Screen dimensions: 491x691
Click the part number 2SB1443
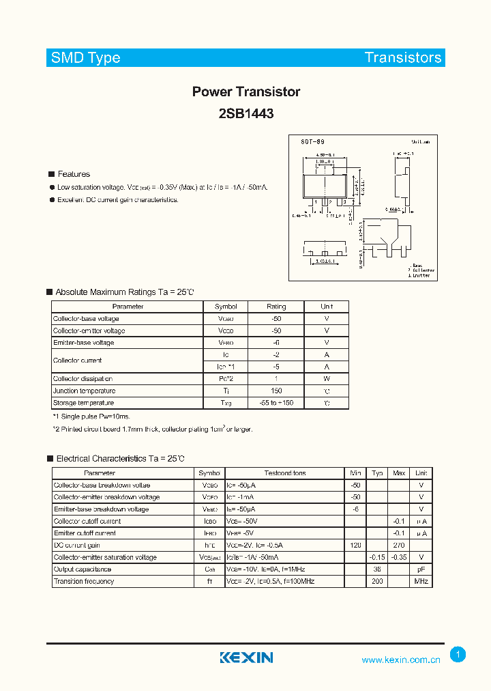(x=246, y=114)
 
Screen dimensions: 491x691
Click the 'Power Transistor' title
(x=246, y=91)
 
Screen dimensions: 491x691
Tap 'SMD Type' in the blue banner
(x=86, y=57)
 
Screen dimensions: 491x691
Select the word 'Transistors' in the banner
(x=403, y=57)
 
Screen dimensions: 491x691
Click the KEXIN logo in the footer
(x=246, y=658)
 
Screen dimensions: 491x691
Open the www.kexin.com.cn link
(x=401, y=660)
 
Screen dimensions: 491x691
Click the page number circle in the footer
(x=458, y=655)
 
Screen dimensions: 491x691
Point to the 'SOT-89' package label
(x=313, y=141)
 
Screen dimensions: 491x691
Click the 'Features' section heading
(x=74, y=174)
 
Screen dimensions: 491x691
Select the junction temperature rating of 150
(x=276, y=391)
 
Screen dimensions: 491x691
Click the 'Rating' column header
(x=276, y=307)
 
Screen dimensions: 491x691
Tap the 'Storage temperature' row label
(x=85, y=404)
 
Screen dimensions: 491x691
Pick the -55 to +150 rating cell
(x=276, y=404)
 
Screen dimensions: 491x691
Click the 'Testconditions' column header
(x=285, y=473)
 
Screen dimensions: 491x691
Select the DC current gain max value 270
(x=399, y=546)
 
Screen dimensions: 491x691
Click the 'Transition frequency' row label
(x=84, y=582)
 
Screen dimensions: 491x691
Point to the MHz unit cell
(x=421, y=582)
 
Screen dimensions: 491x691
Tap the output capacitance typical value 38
(x=376, y=569)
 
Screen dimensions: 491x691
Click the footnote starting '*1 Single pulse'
(x=91, y=416)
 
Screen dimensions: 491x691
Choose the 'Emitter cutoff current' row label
(x=85, y=533)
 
